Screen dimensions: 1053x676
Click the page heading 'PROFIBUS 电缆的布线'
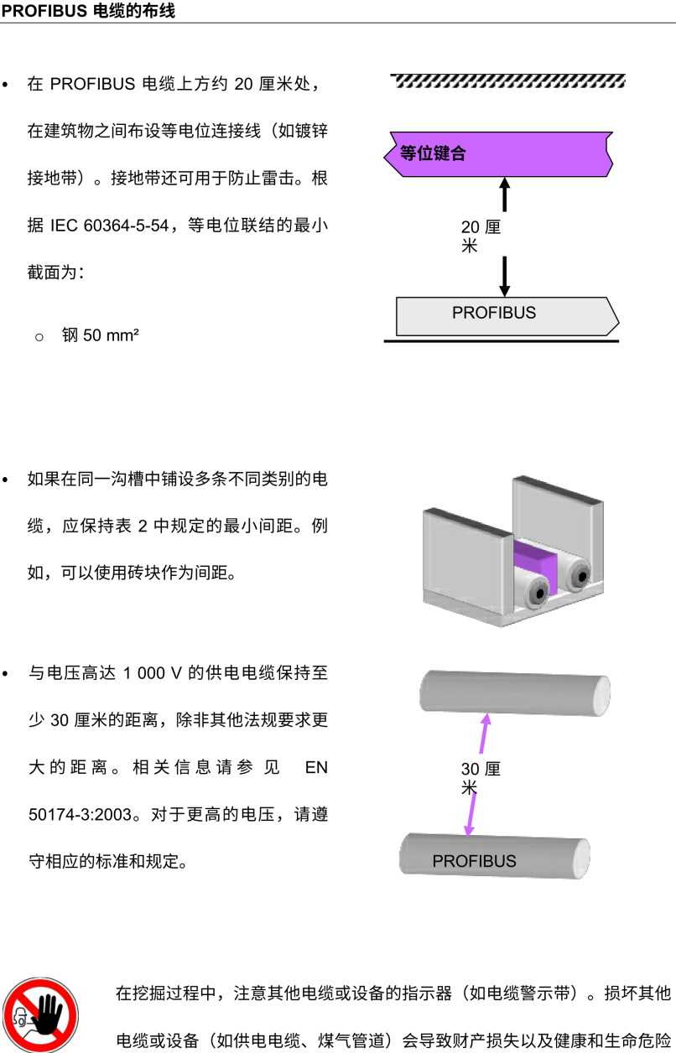[x=89, y=11]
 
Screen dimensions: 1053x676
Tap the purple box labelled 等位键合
[x=498, y=153]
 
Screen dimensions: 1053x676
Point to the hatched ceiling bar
[x=508, y=80]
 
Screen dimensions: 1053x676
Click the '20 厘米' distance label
[x=481, y=236]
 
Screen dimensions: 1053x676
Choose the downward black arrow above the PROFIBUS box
[x=504, y=277]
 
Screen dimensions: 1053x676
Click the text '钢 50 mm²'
[x=101, y=336]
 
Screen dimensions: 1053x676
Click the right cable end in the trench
[x=578, y=576]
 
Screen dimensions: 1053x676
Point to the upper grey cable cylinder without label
[x=514, y=693]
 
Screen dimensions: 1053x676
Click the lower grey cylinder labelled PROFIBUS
[x=495, y=856]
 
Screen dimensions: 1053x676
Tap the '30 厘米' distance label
[x=481, y=777]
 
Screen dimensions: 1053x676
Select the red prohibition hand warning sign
[x=39, y=1014]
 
